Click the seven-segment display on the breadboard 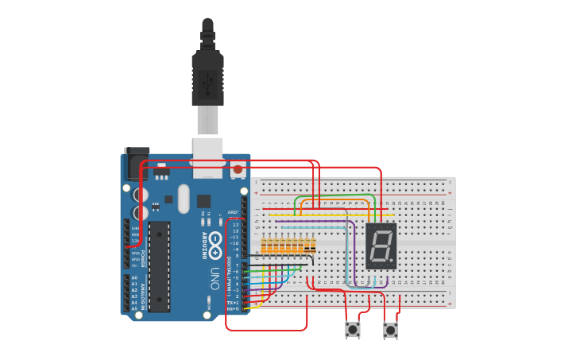[381, 246]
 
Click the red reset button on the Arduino [237, 168]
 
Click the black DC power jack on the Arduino [136, 164]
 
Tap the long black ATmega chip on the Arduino [159, 266]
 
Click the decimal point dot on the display [392, 262]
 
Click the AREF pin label [233, 213]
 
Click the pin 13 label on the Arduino [234, 226]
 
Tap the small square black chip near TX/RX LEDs [203, 201]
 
